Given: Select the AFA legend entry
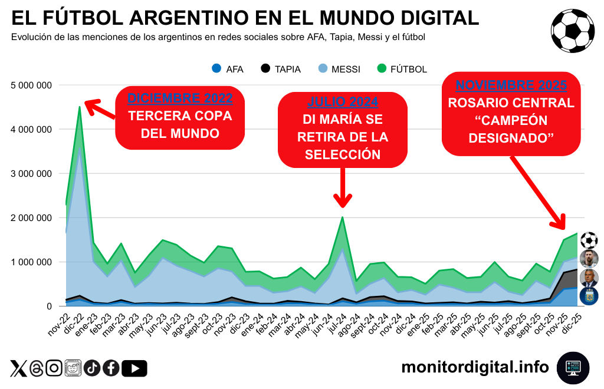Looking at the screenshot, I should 228,69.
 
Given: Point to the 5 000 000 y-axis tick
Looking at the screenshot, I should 32,85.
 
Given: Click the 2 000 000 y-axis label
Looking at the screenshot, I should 32,218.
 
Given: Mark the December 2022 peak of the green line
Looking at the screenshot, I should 80,107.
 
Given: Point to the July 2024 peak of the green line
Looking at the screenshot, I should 342,217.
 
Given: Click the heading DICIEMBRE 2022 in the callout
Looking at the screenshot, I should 180,98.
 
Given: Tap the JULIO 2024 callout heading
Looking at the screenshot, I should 343,102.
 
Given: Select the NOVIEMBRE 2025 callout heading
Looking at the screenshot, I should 511,85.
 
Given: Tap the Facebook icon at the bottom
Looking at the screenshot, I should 111,368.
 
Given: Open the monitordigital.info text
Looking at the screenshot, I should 475,368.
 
